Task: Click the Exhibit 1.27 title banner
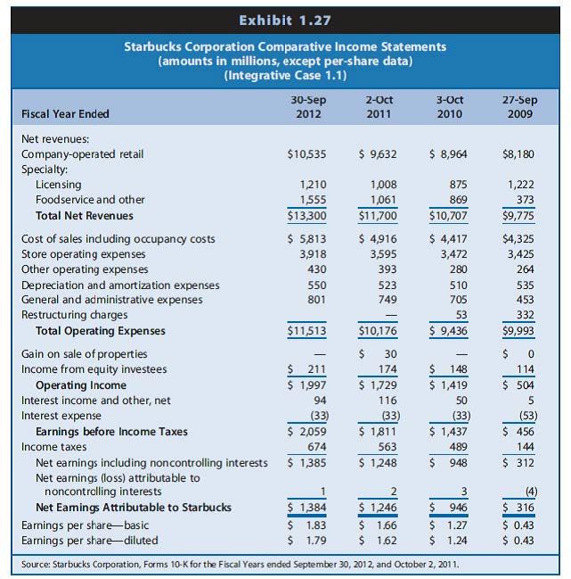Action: (285, 15)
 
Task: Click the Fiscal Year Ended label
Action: (67, 113)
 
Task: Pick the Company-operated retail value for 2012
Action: (307, 154)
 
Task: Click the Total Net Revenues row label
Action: (84, 215)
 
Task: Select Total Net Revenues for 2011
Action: (377, 215)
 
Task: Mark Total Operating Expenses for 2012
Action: (306, 331)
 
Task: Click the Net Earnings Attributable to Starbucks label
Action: (133, 508)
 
